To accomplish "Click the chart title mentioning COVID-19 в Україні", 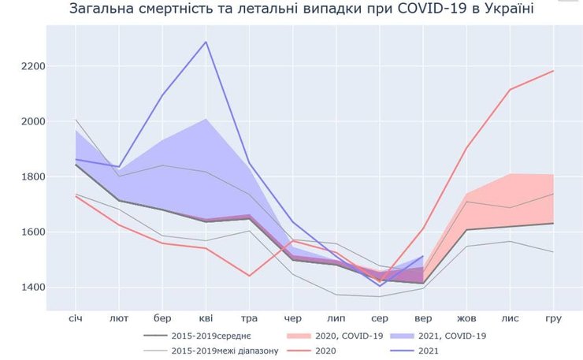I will click(301, 9).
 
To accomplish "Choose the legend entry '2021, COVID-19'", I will click(451, 336).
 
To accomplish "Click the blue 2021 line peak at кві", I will click(206, 42).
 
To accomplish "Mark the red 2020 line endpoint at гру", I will click(553, 71).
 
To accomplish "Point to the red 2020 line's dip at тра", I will click(250, 276).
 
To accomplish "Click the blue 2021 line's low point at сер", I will click(380, 286).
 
